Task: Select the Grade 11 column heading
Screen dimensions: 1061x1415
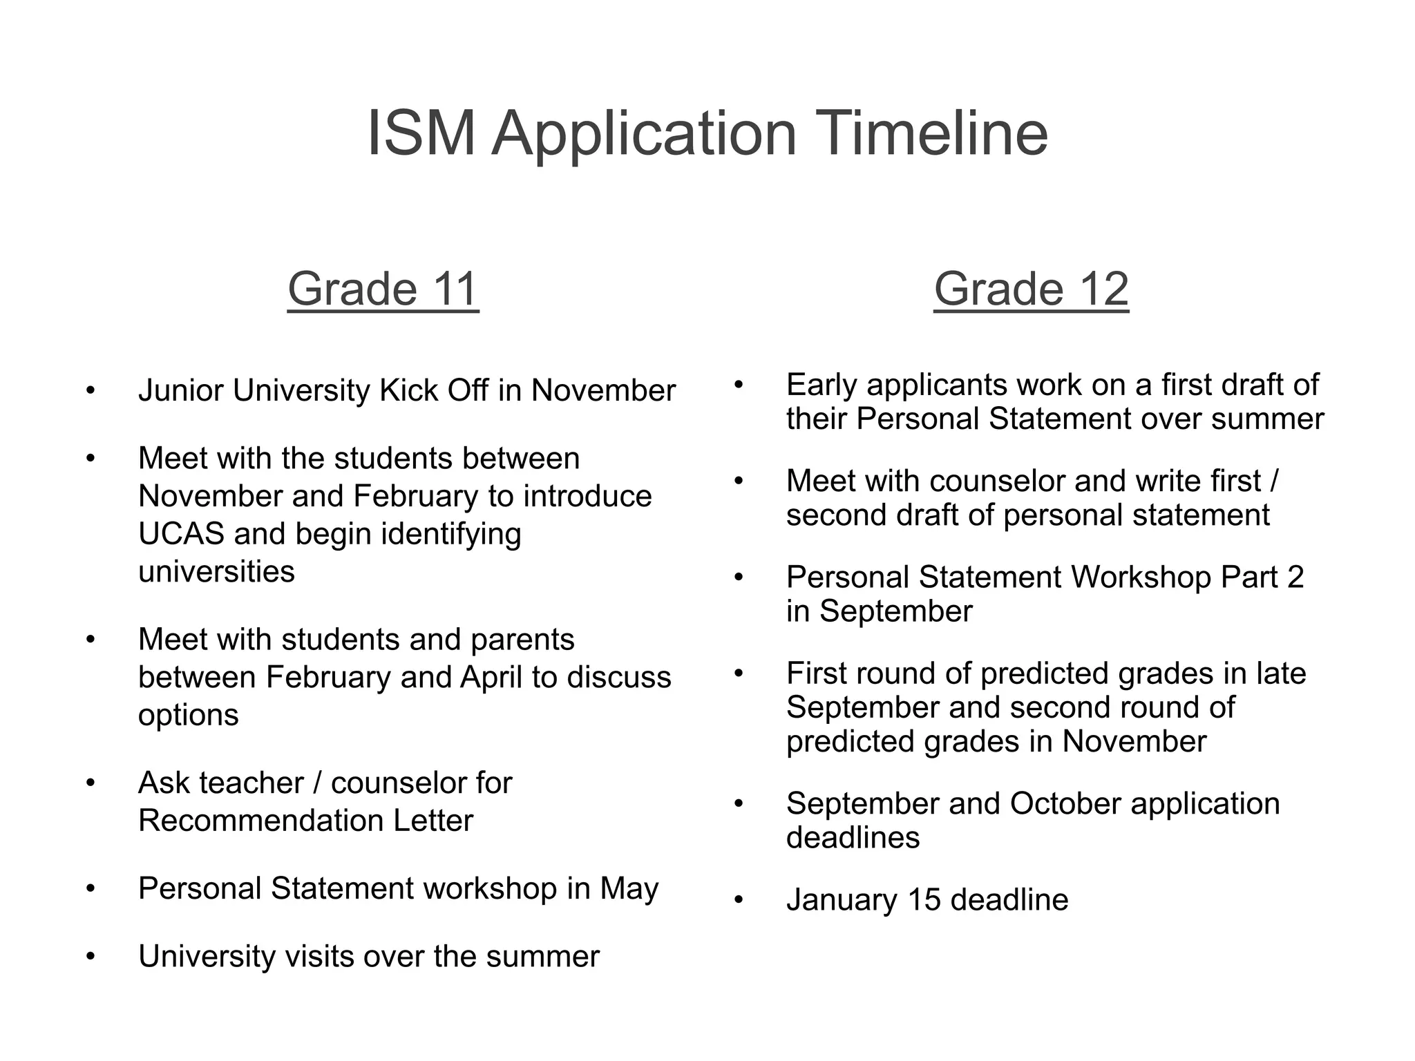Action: click(383, 289)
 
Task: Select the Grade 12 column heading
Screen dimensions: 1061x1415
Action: click(1031, 289)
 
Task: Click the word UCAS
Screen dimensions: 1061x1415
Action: click(181, 534)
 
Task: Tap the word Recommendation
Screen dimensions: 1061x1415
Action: click(260, 821)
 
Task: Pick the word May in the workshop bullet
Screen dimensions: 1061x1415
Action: click(629, 888)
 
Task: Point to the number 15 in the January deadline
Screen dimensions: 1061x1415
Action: click(924, 900)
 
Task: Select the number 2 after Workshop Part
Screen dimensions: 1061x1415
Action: click(1295, 577)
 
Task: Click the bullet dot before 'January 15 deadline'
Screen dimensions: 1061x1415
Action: click(739, 901)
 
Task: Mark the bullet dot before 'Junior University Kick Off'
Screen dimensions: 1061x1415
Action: click(91, 391)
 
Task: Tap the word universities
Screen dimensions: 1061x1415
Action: click(216, 572)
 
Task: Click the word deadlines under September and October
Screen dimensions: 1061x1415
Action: click(853, 838)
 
